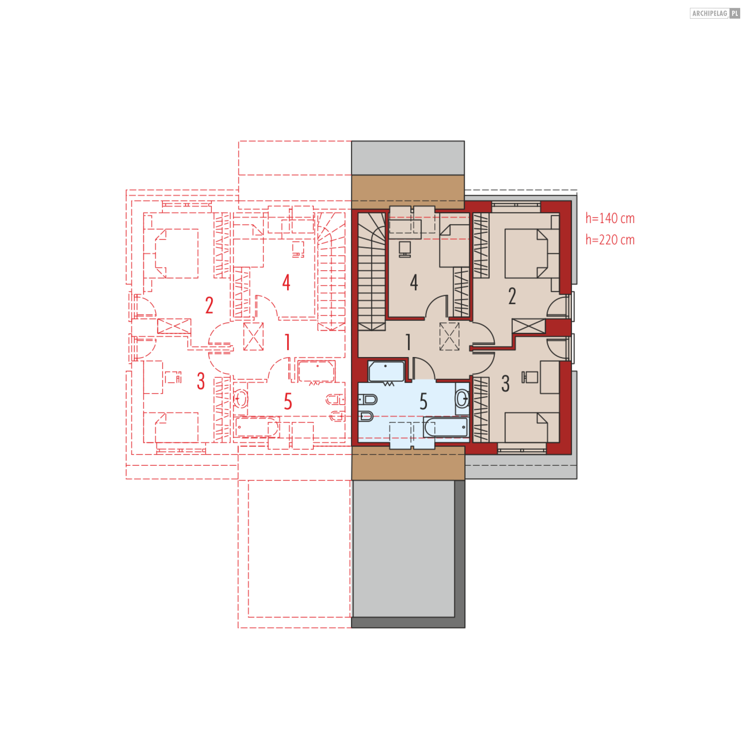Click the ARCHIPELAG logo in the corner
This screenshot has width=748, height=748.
click(714, 13)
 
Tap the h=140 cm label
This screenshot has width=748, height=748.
click(610, 218)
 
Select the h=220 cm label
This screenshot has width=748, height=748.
click(610, 240)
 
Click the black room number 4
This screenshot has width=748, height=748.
click(414, 282)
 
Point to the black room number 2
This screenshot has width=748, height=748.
click(512, 296)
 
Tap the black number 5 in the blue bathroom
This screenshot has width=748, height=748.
click(423, 401)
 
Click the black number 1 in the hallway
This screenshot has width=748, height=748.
click(408, 342)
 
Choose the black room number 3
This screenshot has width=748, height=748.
click(505, 384)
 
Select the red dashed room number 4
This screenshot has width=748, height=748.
click(286, 282)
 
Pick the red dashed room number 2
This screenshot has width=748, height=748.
click(209, 305)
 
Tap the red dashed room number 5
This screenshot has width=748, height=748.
click(288, 401)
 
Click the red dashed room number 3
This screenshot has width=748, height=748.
click(201, 381)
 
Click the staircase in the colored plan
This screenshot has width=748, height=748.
click(372, 271)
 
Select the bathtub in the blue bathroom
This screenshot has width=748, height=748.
click(446, 428)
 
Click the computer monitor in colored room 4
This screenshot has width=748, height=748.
click(405, 249)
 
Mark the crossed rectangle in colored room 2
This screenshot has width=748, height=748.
click(528, 326)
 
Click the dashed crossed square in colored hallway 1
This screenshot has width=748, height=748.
click(449, 336)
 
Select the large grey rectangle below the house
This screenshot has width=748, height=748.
click(404, 549)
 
